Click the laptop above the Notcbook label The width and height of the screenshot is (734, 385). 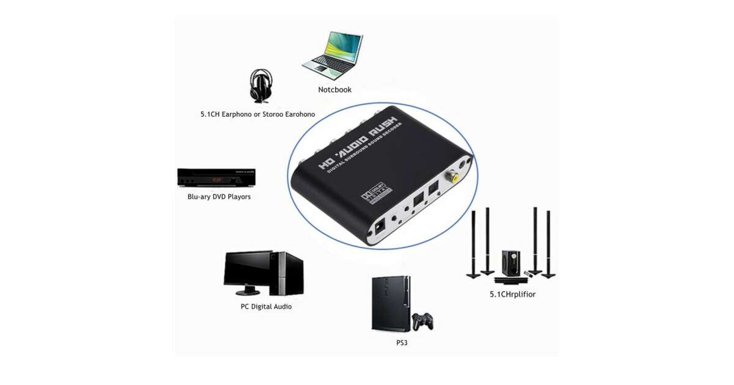click(332, 54)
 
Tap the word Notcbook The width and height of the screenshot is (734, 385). click(335, 90)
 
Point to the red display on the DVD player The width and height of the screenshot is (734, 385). click(215, 180)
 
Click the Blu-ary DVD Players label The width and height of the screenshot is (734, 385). click(219, 197)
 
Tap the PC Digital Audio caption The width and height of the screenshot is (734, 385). click(266, 306)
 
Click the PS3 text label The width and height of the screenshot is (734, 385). click(402, 343)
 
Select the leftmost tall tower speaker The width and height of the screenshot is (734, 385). click(475, 244)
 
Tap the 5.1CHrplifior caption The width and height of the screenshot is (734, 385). click(513, 294)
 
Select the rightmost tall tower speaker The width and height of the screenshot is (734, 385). click(549, 244)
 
